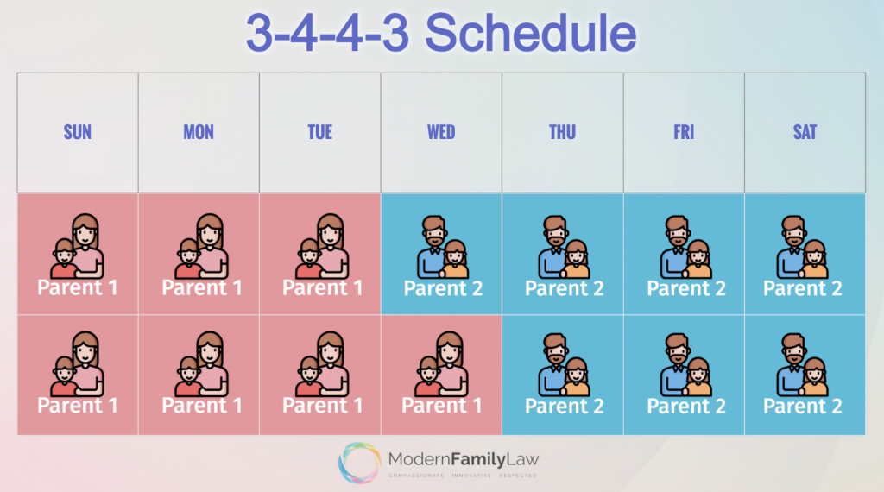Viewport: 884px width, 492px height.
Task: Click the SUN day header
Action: tap(77, 132)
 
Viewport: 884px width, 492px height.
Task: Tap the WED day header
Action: tap(441, 132)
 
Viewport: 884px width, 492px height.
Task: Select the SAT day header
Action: tap(805, 132)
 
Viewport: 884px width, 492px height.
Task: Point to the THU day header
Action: tap(563, 132)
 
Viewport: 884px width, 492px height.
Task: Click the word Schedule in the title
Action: tap(531, 34)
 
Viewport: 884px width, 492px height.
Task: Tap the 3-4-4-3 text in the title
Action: tap(327, 34)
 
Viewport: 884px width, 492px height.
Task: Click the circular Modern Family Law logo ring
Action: tap(359, 462)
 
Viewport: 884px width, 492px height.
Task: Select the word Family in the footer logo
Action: tap(477, 459)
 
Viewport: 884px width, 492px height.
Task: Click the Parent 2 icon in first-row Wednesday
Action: tap(443, 247)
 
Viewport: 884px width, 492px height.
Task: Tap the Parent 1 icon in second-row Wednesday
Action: tap(441, 363)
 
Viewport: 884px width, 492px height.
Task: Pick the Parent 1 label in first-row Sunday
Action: tap(77, 287)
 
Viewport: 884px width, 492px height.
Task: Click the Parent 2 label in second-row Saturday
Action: tap(802, 406)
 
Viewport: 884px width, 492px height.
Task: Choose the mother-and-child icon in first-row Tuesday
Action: tap(322, 246)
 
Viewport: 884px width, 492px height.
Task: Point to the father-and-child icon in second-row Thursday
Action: tap(564, 364)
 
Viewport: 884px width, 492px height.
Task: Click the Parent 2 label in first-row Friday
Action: tap(686, 288)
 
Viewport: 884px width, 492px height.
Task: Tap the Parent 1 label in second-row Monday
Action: tap(202, 405)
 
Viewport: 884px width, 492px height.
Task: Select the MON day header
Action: tap(199, 132)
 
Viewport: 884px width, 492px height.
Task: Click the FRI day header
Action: tap(684, 132)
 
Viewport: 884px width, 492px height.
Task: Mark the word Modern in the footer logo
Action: tap(419, 459)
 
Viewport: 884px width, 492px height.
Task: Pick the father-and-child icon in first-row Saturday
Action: tap(802, 247)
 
